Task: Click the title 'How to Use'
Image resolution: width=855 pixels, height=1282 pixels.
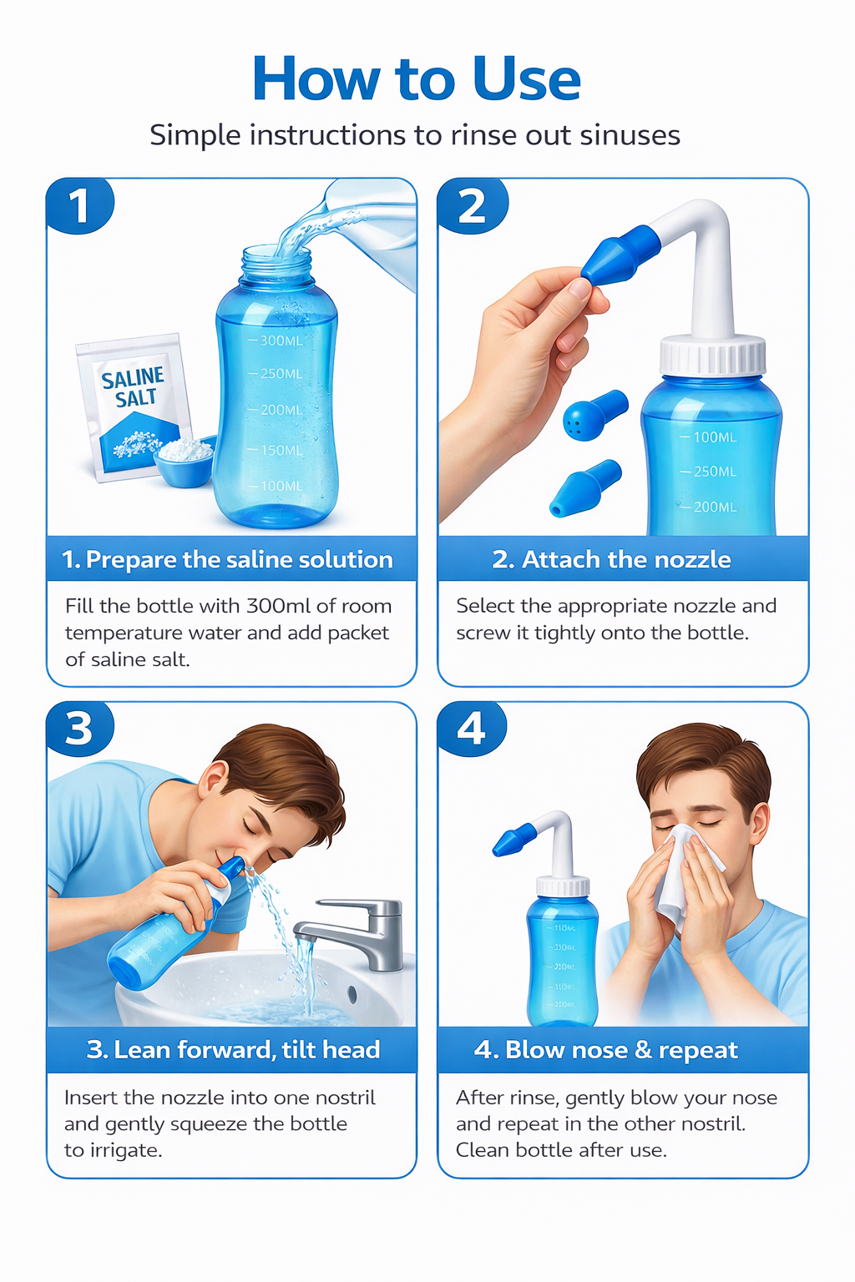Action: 416,79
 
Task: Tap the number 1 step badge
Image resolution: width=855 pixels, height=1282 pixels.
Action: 78,206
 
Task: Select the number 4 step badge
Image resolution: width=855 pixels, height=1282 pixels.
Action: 471,729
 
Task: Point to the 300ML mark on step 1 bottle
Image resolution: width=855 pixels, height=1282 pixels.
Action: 281,341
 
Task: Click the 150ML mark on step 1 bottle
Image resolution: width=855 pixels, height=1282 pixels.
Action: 281,450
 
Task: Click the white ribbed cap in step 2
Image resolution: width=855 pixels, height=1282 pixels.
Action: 712,356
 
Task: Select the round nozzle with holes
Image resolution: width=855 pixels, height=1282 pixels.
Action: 591,415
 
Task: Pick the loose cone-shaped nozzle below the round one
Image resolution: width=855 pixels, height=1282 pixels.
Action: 584,487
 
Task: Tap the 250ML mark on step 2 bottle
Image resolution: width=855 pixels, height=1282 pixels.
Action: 714,472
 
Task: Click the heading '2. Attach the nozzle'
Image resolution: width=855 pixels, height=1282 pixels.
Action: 611,559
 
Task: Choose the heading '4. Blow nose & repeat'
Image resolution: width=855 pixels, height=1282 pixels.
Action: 605,1050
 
